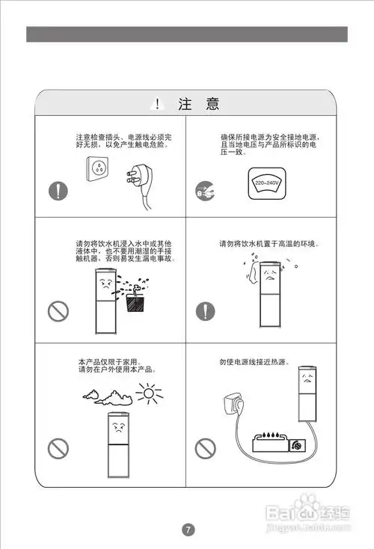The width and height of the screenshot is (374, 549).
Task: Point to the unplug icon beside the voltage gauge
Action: coord(204,188)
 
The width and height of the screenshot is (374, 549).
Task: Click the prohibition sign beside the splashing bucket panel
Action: coord(58,310)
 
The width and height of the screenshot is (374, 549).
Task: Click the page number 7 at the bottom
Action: coord(188,530)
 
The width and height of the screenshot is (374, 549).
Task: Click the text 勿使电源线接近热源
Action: coord(254,362)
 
